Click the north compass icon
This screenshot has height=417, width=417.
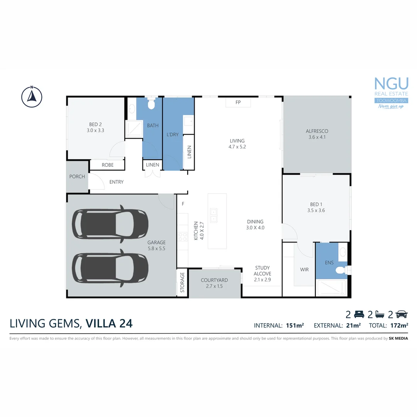tap(32, 96)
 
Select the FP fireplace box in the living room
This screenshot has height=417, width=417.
tap(238, 103)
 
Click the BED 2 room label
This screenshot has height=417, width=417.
tap(95, 127)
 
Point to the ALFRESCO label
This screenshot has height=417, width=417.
tap(317, 134)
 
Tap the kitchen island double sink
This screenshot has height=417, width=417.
tap(213, 215)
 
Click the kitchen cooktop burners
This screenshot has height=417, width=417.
tap(183, 237)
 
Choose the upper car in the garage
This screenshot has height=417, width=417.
tap(110, 224)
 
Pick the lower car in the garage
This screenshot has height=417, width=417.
tap(110, 268)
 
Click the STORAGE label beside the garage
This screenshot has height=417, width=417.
tap(183, 283)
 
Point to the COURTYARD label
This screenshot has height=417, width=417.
tap(214, 283)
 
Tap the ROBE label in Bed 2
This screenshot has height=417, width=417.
tap(107, 165)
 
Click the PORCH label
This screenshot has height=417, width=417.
tap(77, 176)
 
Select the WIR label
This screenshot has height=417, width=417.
tap(304, 270)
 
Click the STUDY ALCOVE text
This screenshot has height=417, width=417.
tap(263, 273)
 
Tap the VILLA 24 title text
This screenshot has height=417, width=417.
tap(109, 323)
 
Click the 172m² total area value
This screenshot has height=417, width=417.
tap(398, 325)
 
